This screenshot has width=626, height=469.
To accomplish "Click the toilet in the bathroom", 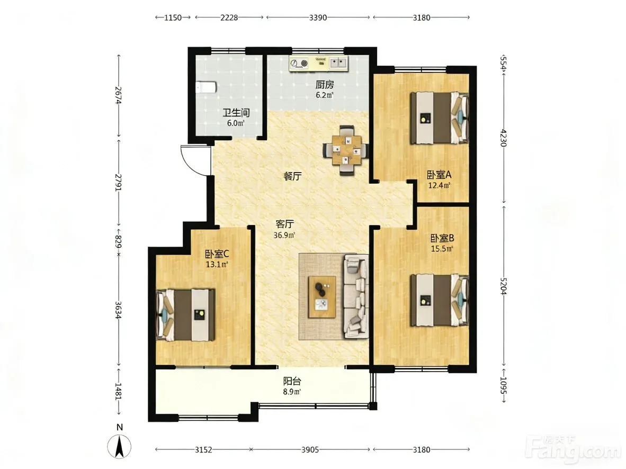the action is tap(205, 87).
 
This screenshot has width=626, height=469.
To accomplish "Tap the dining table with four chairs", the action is tap(346, 150).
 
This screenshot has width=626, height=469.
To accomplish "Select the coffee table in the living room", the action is tap(322, 296).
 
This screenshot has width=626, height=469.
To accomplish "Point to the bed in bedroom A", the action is tap(439, 118).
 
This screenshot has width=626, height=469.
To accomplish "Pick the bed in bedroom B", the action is tap(439, 300).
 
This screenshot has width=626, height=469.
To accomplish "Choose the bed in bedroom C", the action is tap(186, 315).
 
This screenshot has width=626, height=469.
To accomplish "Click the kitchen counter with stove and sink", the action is tap(319, 64).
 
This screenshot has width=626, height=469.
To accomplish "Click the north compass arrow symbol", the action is tap(119, 446).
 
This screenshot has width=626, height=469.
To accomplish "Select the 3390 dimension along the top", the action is tap(318, 17).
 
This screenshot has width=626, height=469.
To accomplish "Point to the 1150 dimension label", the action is tap(173, 17).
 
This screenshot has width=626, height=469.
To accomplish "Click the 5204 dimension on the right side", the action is tap(504, 286).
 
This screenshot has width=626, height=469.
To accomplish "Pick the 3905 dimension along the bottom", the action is tap(310, 450).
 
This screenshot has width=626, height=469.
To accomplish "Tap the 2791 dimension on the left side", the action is tap(118, 183).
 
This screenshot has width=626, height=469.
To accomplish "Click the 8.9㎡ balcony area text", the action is tap(292, 392).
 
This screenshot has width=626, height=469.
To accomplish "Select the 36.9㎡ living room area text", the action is tap(284, 236).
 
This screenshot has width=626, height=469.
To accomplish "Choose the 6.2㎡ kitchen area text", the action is tap(325, 95).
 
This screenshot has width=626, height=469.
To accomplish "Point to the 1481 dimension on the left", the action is tap(118, 391).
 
